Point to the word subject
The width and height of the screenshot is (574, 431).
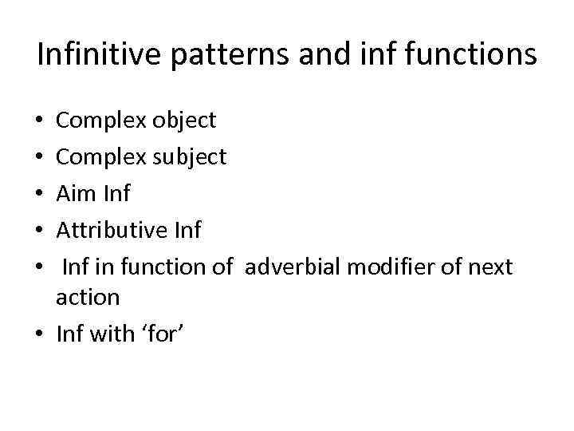click(x=187, y=156)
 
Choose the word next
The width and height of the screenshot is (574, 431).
click(x=489, y=267)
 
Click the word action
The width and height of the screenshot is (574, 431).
click(x=88, y=298)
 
